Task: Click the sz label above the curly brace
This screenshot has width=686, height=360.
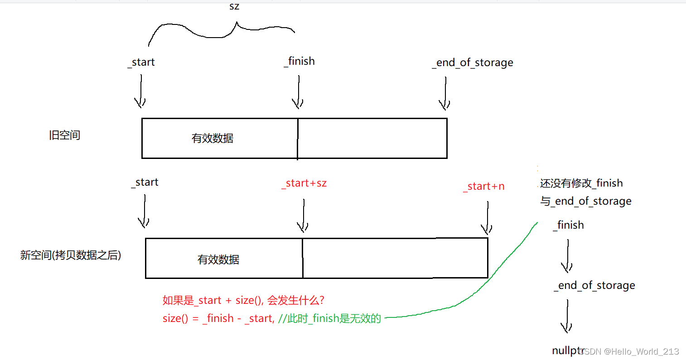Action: [x=234, y=7]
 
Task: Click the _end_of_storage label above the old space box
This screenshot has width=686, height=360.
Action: [x=473, y=62]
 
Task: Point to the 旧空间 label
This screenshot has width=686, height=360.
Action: [x=64, y=135]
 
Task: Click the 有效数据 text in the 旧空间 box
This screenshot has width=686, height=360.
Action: [x=213, y=139]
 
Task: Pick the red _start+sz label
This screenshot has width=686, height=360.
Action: [x=304, y=183]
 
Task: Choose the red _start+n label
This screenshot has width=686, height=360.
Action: [x=483, y=187]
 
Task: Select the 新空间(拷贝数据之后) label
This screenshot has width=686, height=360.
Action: [x=71, y=255]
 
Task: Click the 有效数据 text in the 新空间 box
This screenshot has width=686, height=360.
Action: [x=218, y=260]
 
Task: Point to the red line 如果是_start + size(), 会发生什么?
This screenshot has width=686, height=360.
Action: [x=243, y=301]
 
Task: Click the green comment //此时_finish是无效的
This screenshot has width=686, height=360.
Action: [x=329, y=319]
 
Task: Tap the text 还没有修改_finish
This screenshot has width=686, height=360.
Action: [x=581, y=183]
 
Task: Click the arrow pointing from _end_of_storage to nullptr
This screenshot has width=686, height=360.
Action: [x=566, y=317]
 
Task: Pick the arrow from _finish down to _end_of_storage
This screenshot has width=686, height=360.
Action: [x=567, y=256]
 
